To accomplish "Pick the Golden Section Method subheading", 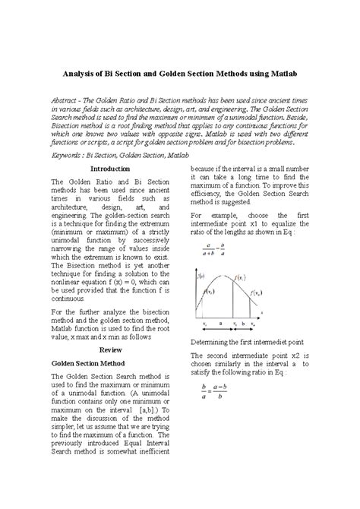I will point(88,364).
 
